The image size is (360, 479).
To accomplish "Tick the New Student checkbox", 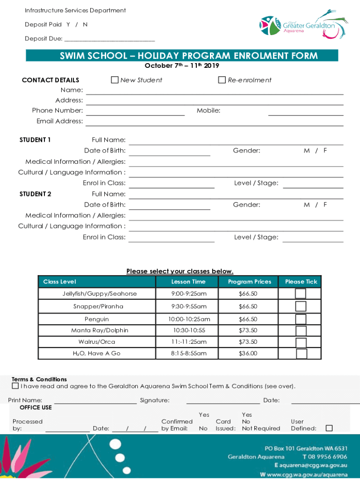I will (115, 80).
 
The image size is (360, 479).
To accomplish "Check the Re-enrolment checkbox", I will (222, 80).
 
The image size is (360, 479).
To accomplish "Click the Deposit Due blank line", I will (109, 39).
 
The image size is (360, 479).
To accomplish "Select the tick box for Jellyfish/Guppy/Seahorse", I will (301, 294).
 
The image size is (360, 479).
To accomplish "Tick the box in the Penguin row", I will (301, 319).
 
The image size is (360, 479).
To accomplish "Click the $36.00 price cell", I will (248, 354).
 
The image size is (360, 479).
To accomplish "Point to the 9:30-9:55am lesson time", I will (188, 306).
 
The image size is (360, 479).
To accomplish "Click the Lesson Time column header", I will (188, 282).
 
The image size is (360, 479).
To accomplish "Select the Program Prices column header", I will (250, 282).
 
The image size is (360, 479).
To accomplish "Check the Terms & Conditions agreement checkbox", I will (15, 386).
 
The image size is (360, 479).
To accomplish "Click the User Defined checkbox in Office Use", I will (329, 428).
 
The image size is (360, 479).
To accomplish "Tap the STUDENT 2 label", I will (36, 194).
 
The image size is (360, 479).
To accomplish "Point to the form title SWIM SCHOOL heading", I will (189, 56).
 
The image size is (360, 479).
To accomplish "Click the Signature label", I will (155, 400).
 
